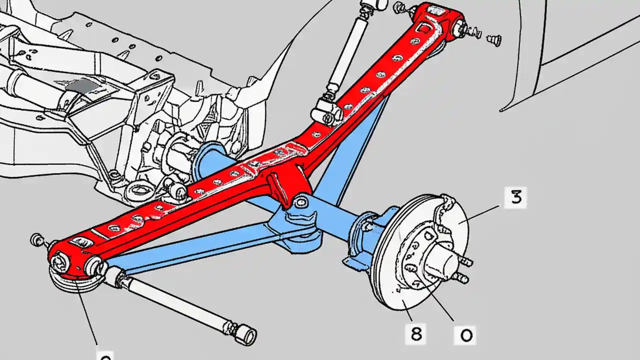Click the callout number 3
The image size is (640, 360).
[x=515, y=197]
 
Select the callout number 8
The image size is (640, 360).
[x=416, y=334]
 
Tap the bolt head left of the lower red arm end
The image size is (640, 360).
[x=37, y=239]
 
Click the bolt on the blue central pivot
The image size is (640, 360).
[x=301, y=202]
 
